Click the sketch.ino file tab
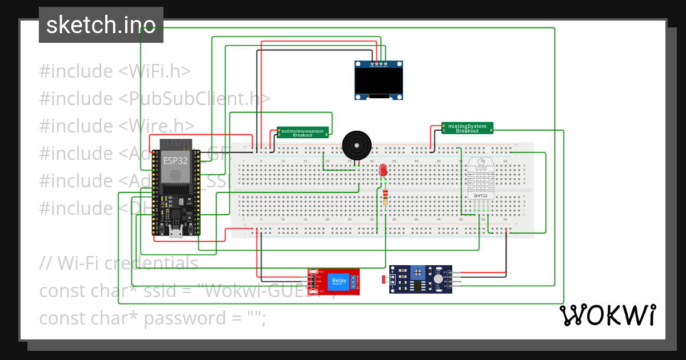(x=101, y=25)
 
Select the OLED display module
(x=379, y=81)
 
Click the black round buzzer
(x=356, y=146)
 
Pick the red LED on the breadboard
(x=383, y=170)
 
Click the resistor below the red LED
(x=386, y=197)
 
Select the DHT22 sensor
(x=481, y=178)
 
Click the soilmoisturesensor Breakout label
(x=303, y=133)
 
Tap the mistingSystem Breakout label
(x=467, y=128)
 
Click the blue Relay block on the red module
(x=338, y=281)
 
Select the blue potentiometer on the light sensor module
(x=420, y=273)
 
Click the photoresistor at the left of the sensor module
(x=383, y=279)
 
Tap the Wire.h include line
(x=117, y=126)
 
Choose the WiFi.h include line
(x=115, y=71)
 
